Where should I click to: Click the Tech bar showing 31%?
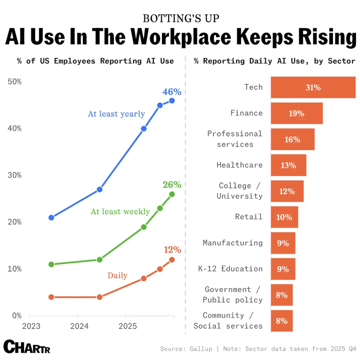click(x=313, y=87)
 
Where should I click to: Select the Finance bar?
click(x=297, y=113)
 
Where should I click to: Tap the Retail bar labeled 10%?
click(x=284, y=217)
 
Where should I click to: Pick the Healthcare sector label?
click(x=239, y=165)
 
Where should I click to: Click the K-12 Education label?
click(x=230, y=269)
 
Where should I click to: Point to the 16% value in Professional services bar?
click(x=292, y=139)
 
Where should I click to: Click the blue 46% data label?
click(x=172, y=92)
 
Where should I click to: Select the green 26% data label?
click(x=172, y=184)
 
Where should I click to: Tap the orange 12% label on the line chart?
click(x=172, y=250)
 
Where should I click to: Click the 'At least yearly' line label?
click(x=116, y=114)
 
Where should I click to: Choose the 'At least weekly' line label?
click(x=120, y=211)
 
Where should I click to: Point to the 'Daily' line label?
click(x=118, y=275)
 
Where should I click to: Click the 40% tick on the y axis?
click(x=14, y=128)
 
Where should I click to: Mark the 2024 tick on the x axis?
click(x=79, y=326)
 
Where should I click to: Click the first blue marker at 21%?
click(x=51, y=217)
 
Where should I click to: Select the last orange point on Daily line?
click(x=172, y=260)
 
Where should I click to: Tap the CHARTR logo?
click(x=27, y=347)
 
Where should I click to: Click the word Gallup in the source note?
click(x=201, y=349)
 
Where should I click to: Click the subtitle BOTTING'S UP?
click(x=181, y=19)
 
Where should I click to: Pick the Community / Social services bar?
click(x=282, y=321)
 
